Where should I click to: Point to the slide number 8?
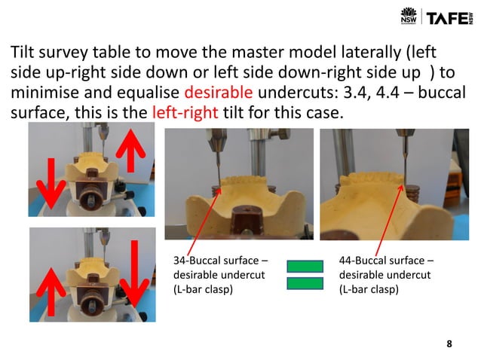click(x=449, y=344)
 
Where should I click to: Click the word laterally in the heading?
click(x=377, y=53)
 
